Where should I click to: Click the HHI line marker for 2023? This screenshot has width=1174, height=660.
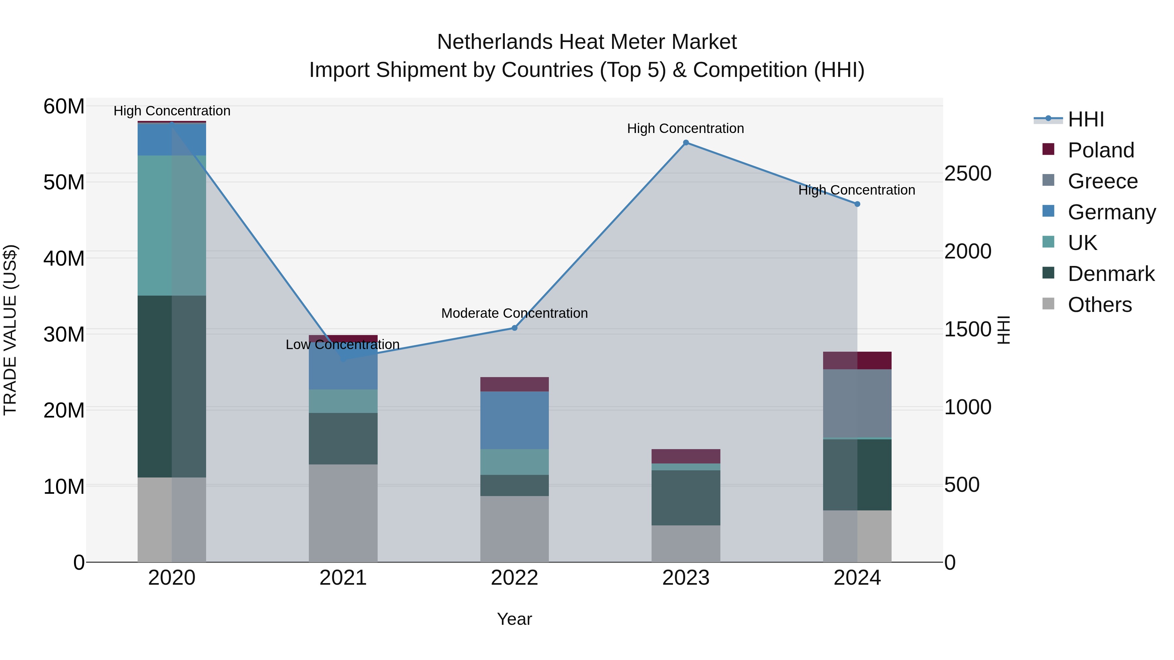[685, 142]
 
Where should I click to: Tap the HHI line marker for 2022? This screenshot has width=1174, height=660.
[514, 328]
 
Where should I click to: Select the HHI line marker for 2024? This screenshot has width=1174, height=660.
[857, 204]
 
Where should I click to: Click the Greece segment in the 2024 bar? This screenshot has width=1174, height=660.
[857, 403]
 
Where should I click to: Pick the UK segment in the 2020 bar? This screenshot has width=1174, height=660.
[172, 226]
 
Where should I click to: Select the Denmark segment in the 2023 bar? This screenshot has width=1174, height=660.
[685, 497]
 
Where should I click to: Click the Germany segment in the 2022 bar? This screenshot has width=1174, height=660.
[514, 420]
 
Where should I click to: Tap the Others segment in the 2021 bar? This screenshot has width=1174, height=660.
[343, 513]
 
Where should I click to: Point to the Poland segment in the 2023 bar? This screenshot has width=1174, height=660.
[685, 456]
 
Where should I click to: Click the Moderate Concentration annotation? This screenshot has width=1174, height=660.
[514, 313]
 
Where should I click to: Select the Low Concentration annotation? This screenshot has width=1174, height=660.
[342, 345]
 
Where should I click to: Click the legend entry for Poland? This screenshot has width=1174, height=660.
[1100, 150]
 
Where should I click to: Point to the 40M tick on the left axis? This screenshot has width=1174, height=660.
[64, 258]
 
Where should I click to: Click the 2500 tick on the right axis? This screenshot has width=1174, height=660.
[968, 173]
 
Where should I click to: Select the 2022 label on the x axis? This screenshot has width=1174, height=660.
[514, 578]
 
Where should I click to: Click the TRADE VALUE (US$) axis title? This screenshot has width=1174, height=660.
[10, 330]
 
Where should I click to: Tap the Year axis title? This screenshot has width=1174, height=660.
[514, 619]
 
